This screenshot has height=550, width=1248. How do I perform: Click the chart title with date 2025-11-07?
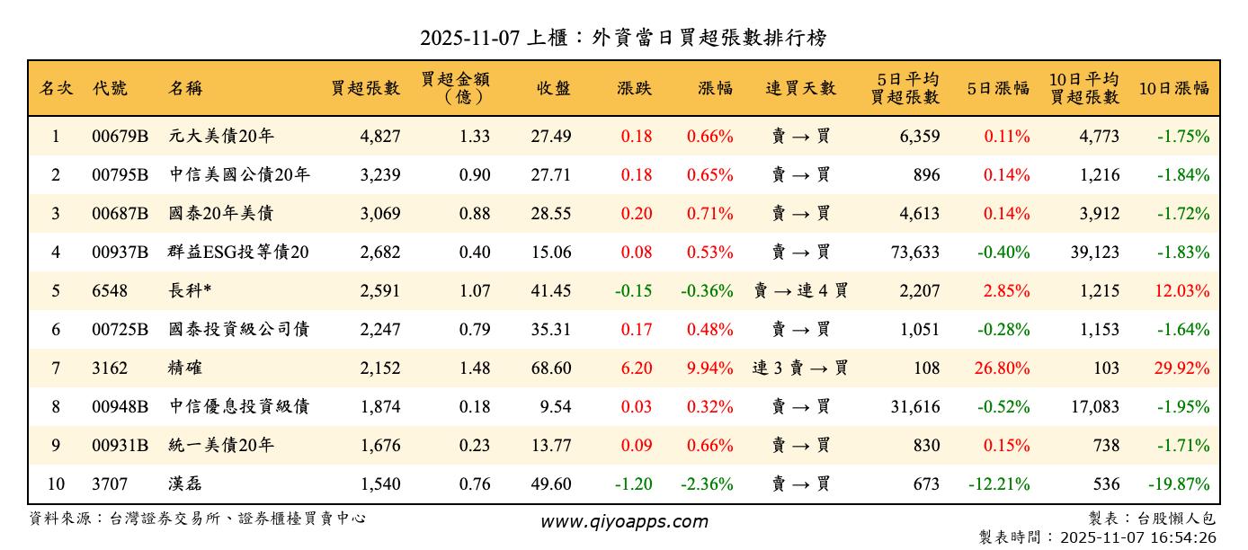coord(623,38)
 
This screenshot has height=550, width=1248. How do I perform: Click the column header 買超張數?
coord(365,88)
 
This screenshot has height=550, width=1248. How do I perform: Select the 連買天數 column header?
coord(800,88)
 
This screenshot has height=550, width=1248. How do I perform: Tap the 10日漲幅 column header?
coord(1173,88)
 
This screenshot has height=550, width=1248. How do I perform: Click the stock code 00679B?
coord(120,137)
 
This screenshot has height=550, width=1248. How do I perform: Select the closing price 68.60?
coord(550,368)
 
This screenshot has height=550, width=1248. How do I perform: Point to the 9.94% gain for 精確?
coord(709,368)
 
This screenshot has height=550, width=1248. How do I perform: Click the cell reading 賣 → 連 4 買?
coord(800,291)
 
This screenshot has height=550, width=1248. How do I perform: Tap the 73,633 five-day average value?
coord(912,253)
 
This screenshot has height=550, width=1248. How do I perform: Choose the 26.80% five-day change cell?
coord(1002,368)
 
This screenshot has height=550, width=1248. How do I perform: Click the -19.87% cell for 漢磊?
coord(1181,484)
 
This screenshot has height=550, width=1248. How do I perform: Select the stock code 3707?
coord(110,484)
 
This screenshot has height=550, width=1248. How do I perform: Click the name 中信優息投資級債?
coord(238,407)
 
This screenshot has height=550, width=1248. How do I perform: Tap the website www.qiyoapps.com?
coord(623,521)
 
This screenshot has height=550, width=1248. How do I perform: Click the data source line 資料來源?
coord(198,519)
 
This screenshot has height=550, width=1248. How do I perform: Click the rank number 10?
coord(56,484)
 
